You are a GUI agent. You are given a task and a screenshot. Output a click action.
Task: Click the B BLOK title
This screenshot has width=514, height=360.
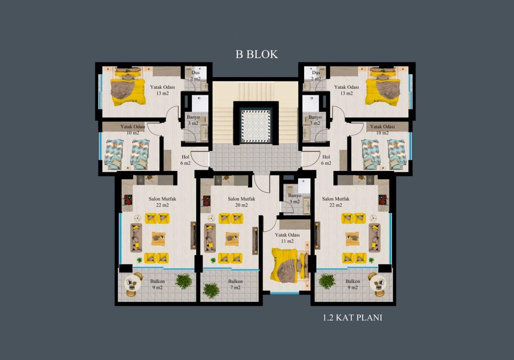tap(257, 54)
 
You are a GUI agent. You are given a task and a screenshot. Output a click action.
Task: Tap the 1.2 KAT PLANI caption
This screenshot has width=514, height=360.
tap(353, 318)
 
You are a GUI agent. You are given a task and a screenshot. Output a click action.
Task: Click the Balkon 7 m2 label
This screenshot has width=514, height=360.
tap(236, 284)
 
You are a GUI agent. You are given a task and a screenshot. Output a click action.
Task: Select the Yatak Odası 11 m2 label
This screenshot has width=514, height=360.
tap(287, 238)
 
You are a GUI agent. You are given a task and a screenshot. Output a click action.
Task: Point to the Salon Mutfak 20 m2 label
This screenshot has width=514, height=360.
tap(242, 202)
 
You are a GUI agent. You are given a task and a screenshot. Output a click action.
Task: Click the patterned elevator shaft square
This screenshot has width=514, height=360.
tap(256, 126)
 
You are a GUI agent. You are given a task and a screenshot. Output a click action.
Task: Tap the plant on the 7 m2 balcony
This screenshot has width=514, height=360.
tap(211, 291)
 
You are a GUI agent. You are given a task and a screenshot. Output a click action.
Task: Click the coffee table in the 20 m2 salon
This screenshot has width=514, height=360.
tap(232, 239)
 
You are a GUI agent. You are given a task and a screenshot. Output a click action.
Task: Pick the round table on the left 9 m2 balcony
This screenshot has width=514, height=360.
tap(132, 284)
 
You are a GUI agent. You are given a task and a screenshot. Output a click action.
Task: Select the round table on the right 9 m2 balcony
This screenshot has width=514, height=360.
tap(378, 284)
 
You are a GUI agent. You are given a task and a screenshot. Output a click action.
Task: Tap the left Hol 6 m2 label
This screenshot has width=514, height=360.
tap(185, 160)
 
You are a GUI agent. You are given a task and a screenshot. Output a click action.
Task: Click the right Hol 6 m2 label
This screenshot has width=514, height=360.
tap(326, 160)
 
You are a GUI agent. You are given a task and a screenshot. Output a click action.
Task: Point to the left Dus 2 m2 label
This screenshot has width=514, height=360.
tap(195, 75)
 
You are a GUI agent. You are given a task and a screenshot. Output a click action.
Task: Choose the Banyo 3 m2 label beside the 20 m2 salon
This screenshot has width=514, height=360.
tap(295, 198)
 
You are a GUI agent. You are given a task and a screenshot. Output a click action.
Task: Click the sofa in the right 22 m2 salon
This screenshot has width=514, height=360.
tap(374, 238)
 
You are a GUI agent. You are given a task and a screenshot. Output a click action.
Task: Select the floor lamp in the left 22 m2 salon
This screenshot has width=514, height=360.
tap(137, 218)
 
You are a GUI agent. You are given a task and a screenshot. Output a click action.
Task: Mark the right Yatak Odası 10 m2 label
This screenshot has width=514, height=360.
tap(383, 130)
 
